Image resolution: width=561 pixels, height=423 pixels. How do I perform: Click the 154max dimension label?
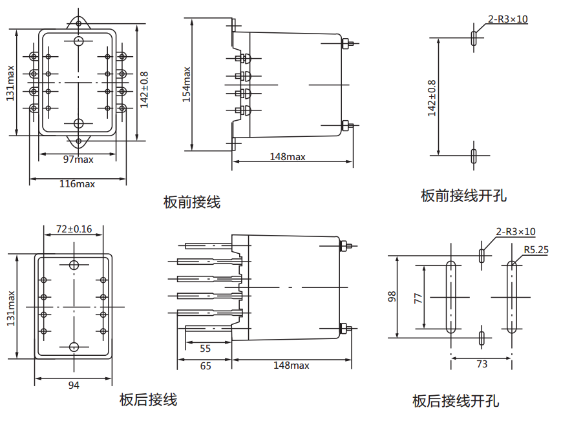186,84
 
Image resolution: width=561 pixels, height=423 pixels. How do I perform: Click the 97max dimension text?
78,159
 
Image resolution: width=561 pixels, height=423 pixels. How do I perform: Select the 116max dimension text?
77,184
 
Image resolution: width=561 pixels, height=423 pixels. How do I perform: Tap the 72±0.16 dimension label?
74,229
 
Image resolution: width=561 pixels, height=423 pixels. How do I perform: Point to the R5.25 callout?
536,249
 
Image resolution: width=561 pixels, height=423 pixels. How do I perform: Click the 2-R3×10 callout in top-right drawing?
508,19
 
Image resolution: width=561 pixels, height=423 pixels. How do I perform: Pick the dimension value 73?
482,364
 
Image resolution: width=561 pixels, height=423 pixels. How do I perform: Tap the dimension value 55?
205,349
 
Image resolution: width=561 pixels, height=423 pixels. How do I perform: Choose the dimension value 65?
205,366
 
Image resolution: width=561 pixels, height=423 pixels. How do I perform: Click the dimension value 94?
74,386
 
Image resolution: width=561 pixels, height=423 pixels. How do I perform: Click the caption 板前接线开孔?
463,195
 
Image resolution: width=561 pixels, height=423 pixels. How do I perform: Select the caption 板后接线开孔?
456,401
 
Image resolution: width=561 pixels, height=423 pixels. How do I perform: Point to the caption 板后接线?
148,400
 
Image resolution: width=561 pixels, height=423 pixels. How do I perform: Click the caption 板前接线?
192,202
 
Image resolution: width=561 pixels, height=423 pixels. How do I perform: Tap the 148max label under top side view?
288,157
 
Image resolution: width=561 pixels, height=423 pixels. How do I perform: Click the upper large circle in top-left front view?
79,41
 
